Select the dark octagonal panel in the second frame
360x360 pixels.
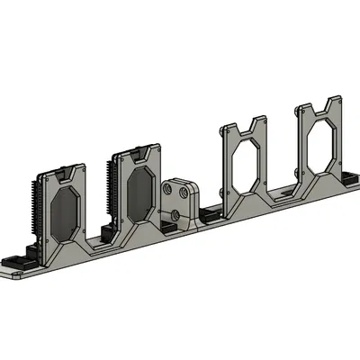[x=138, y=193]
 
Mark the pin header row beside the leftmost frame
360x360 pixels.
[x=36, y=208]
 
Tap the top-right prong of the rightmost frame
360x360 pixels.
[x=336, y=101]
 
